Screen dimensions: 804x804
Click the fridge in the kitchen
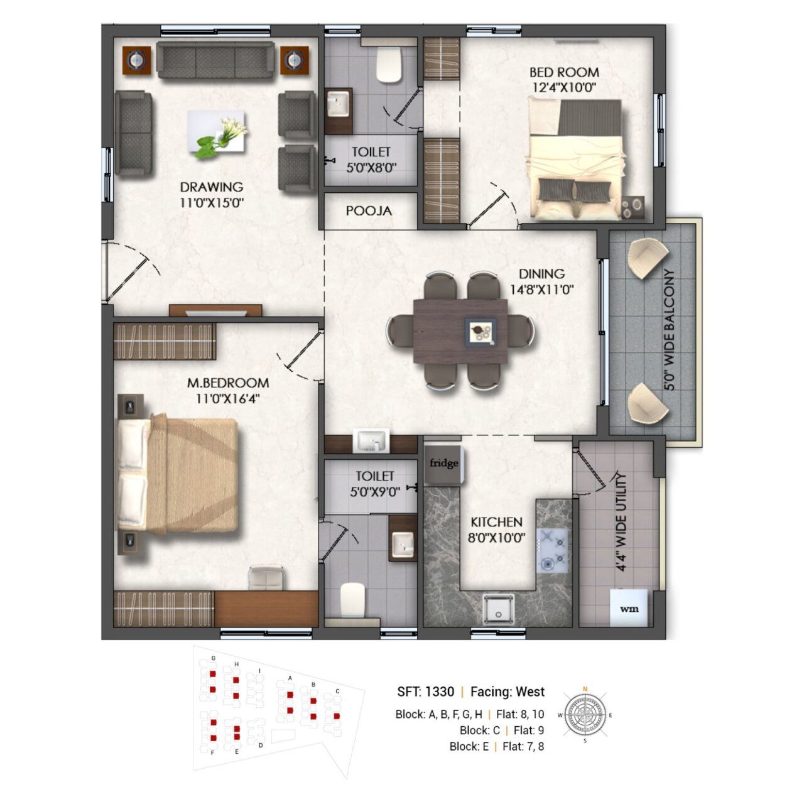pos(443,464)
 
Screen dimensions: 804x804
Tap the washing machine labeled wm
pos(628,608)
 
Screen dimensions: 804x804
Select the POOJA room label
pos(369,211)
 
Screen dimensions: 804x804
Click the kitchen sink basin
pos(498,609)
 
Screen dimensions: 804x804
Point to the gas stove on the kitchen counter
pos(553,550)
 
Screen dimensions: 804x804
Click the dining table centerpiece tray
pos(481,332)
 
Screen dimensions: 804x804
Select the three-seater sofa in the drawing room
pos(215,60)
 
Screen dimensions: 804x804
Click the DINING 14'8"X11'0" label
pos(541,281)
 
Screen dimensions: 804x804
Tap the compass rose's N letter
pos(585,689)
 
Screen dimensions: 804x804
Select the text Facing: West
pos(508,692)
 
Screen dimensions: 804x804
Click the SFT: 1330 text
pos(426,692)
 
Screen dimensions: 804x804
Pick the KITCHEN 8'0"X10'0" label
pos(496,530)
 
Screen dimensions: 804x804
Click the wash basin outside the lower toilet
pos(371,440)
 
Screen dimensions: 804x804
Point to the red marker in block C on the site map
pos(337,716)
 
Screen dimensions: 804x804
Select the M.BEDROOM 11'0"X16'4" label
pos(228,391)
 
